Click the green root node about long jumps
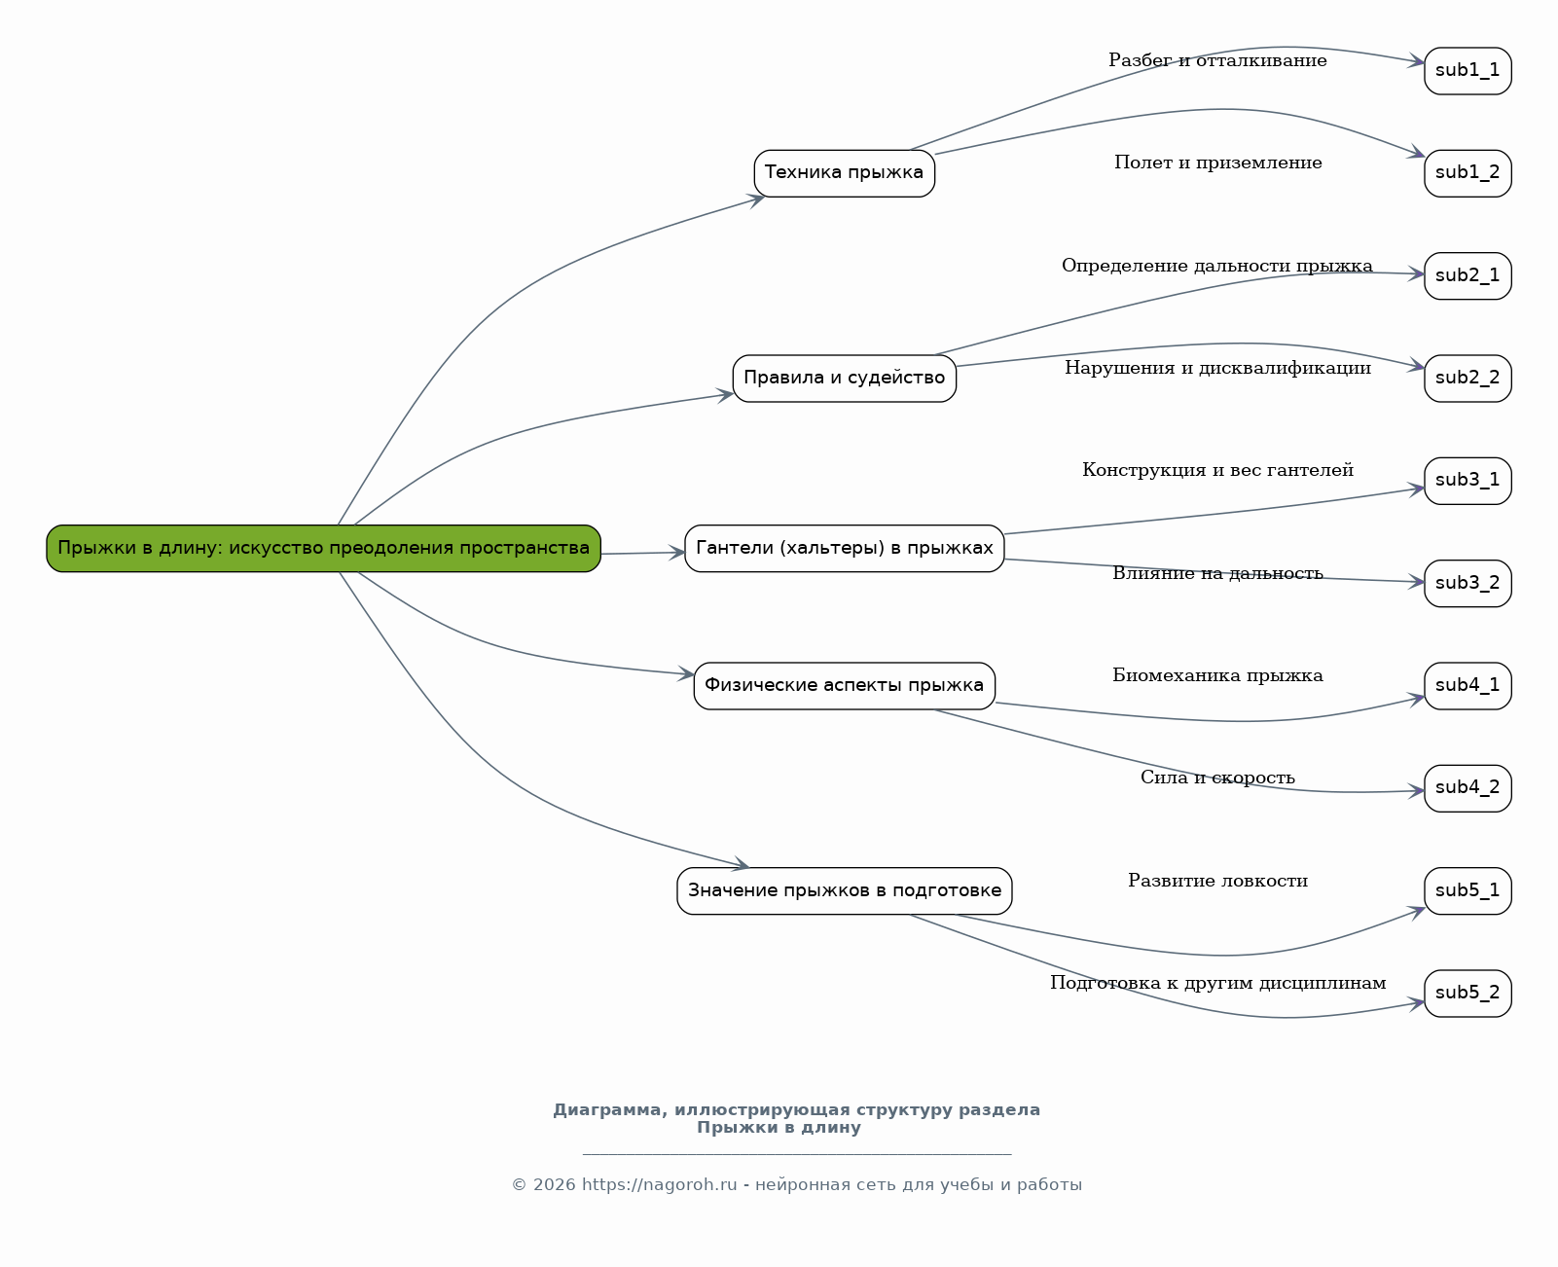323,548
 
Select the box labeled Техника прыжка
844,173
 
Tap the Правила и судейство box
844,379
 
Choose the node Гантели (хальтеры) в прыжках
844,548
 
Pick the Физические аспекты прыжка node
844,685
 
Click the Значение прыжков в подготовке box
844,891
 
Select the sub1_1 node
1467,71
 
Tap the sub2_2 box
1467,379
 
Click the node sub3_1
1467,481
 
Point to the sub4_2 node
1467,788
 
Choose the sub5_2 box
1467,994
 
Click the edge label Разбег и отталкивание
1217,60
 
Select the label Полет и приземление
1217,163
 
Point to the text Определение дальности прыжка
1217,266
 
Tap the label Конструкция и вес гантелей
1217,470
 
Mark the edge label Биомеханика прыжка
1217,675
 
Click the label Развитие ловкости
1217,881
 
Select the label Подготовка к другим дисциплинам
1217,983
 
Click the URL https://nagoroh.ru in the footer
659,1185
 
